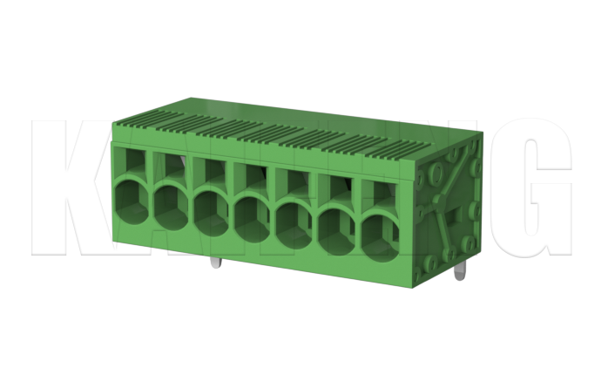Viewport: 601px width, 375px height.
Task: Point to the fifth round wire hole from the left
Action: click(294, 220)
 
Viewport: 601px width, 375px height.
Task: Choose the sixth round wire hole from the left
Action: click(336, 228)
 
